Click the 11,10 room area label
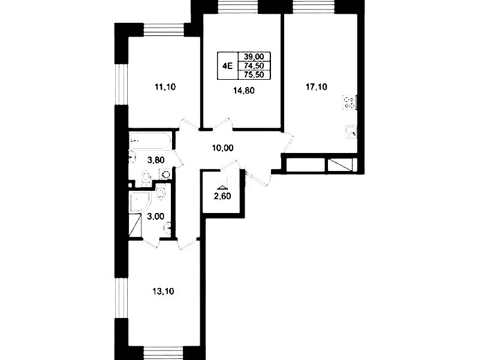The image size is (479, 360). click(165, 87)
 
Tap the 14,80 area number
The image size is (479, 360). click(244, 91)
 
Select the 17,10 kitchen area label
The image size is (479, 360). click(317, 87)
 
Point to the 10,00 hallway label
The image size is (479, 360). click(222, 148)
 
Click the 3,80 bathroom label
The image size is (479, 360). click(156, 160)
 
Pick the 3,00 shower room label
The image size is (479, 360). click(156, 217)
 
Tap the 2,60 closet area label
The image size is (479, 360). click(222, 196)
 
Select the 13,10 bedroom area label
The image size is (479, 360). click(163, 292)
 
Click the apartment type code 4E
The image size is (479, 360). click(228, 66)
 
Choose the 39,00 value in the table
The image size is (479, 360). click(254, 56)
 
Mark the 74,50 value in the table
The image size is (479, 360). click(254, 65)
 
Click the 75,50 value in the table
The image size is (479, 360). click(254, 74)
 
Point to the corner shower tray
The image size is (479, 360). click(140, 202)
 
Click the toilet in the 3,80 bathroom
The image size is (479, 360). click(147, 178)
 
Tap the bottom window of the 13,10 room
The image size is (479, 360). click(164, 353)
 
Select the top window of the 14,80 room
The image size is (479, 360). click(239, 7)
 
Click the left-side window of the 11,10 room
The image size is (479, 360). click(121, 85)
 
